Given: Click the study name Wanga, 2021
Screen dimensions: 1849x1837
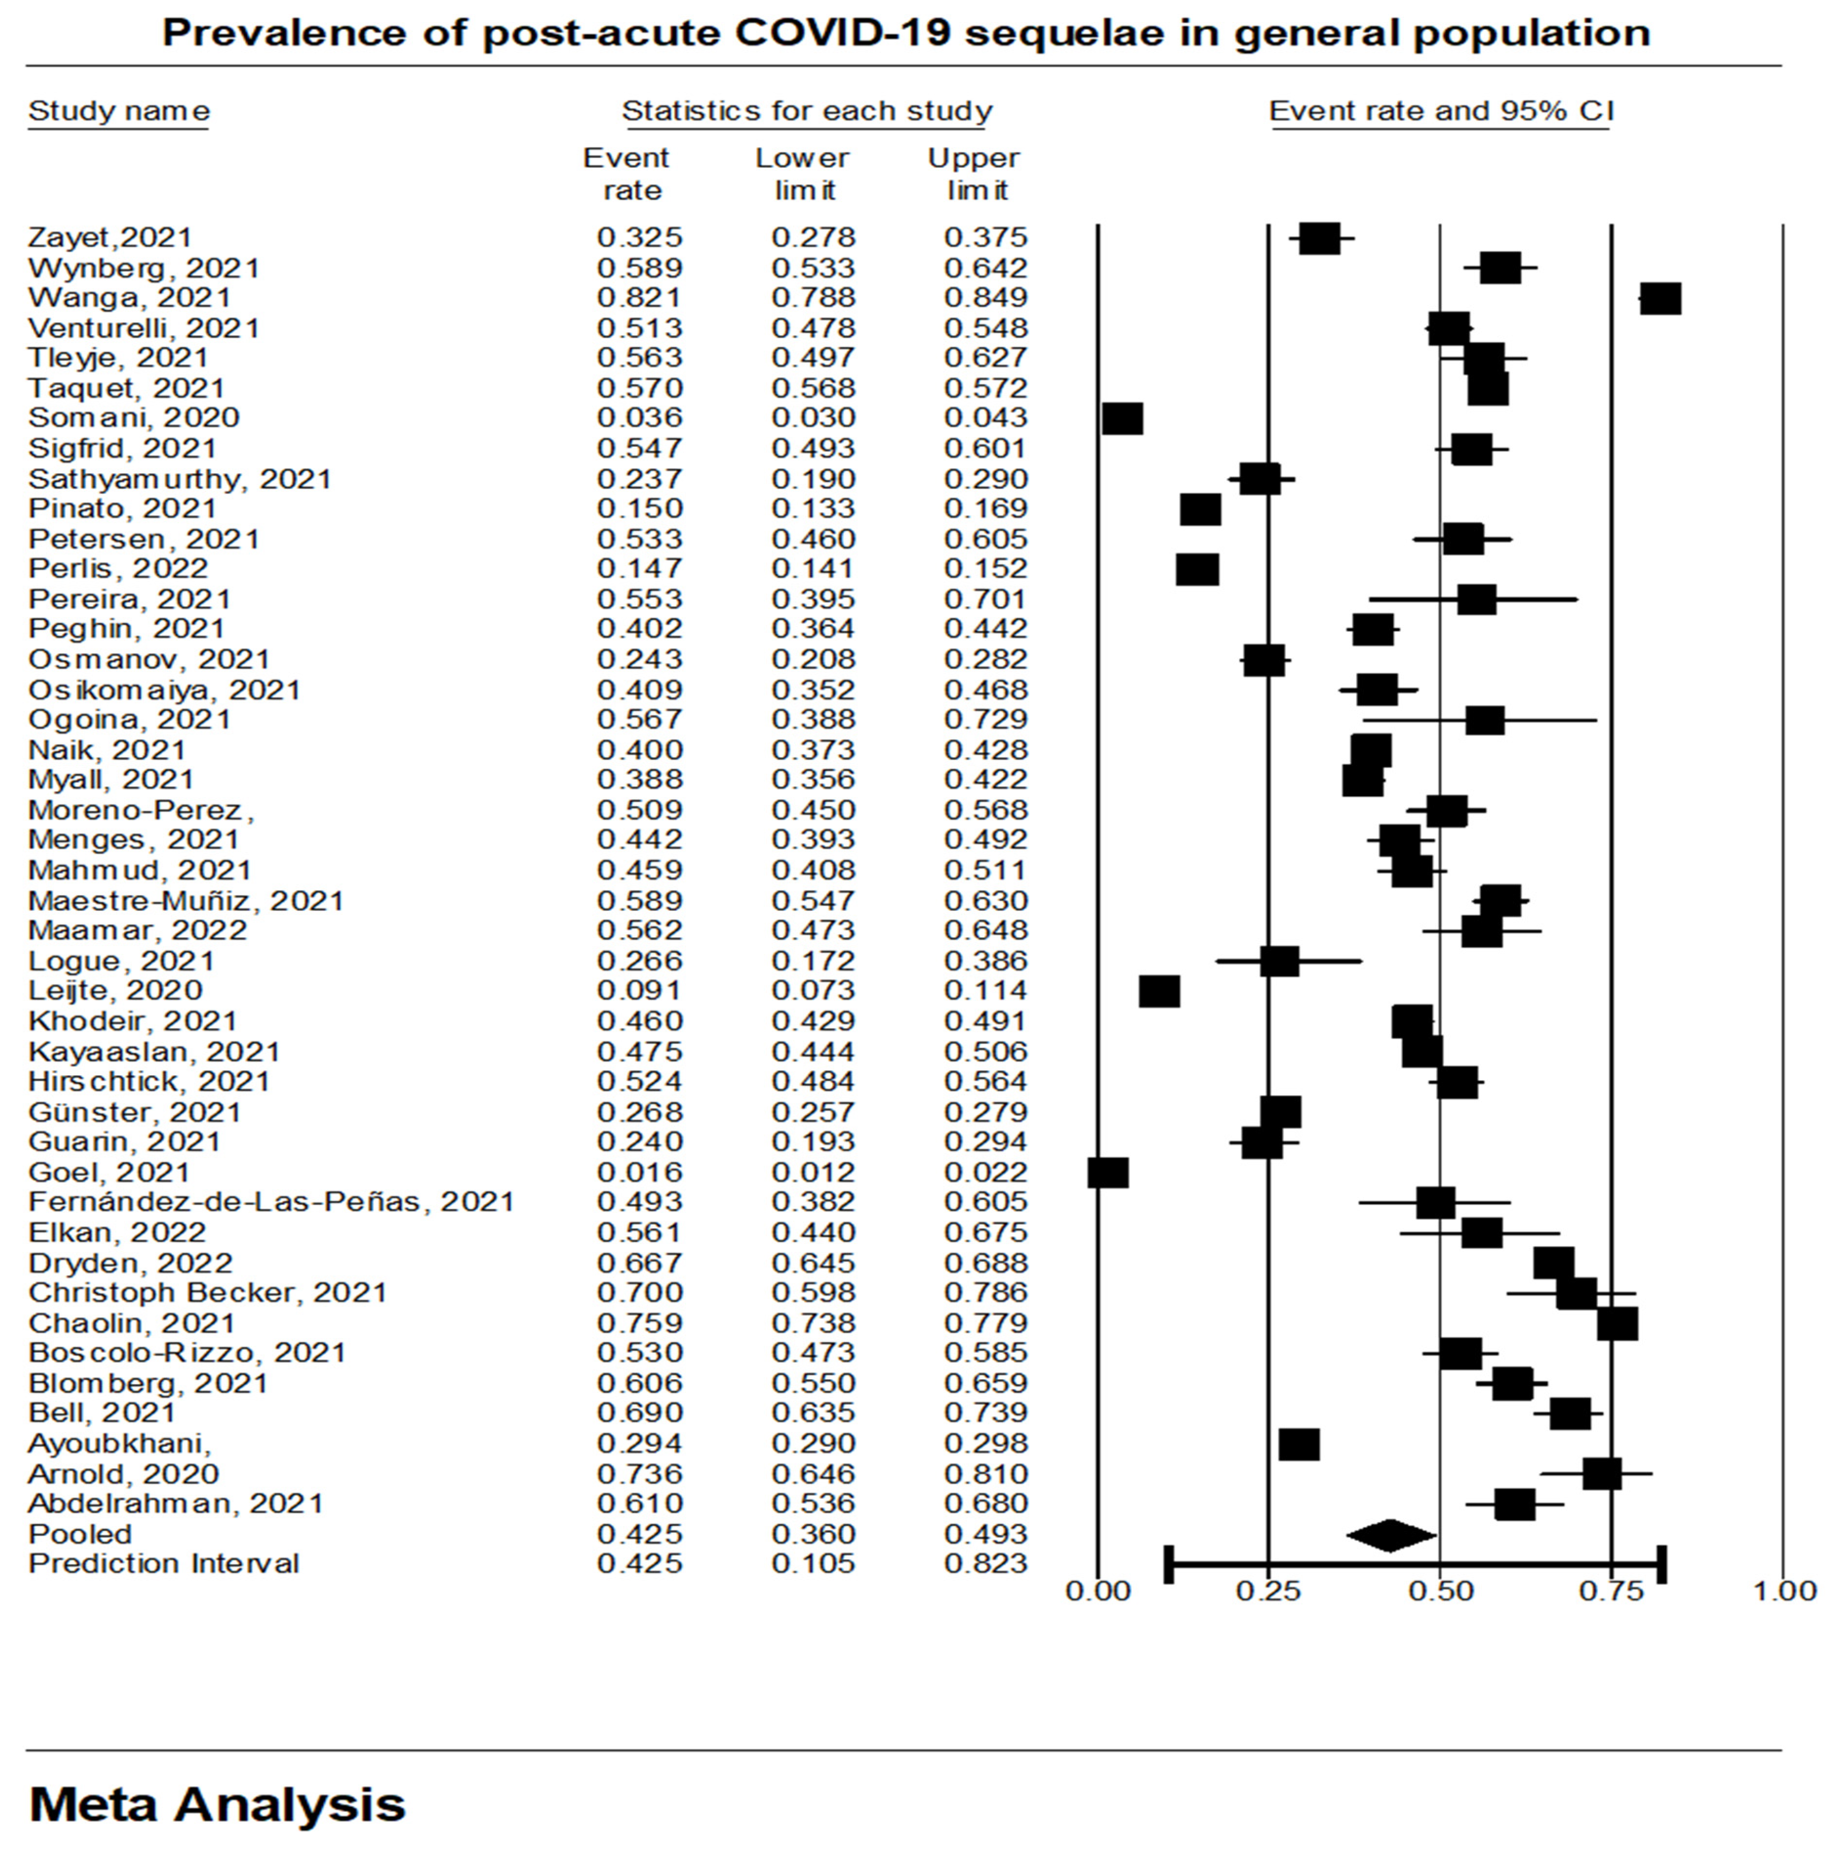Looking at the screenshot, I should click(x=129, y=298).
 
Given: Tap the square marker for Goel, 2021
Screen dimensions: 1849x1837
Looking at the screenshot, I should click(x=1108, y=1172).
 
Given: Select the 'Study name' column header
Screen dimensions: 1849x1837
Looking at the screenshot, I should click(x=119, y=112).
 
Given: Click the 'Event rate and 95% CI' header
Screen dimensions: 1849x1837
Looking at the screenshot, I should click(x=1441, y=112).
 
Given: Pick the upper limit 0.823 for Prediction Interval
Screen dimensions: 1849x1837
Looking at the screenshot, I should click(x=986, y=1564).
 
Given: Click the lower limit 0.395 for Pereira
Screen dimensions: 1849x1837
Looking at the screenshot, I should click(x=813, y=599).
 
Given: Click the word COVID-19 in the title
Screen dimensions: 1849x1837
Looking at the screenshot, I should click(x=842, y=34).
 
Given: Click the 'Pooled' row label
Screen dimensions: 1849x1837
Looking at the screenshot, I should click(x=80, y=1534).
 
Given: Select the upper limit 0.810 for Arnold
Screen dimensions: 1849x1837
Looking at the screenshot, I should click(x=986, y=1474).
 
